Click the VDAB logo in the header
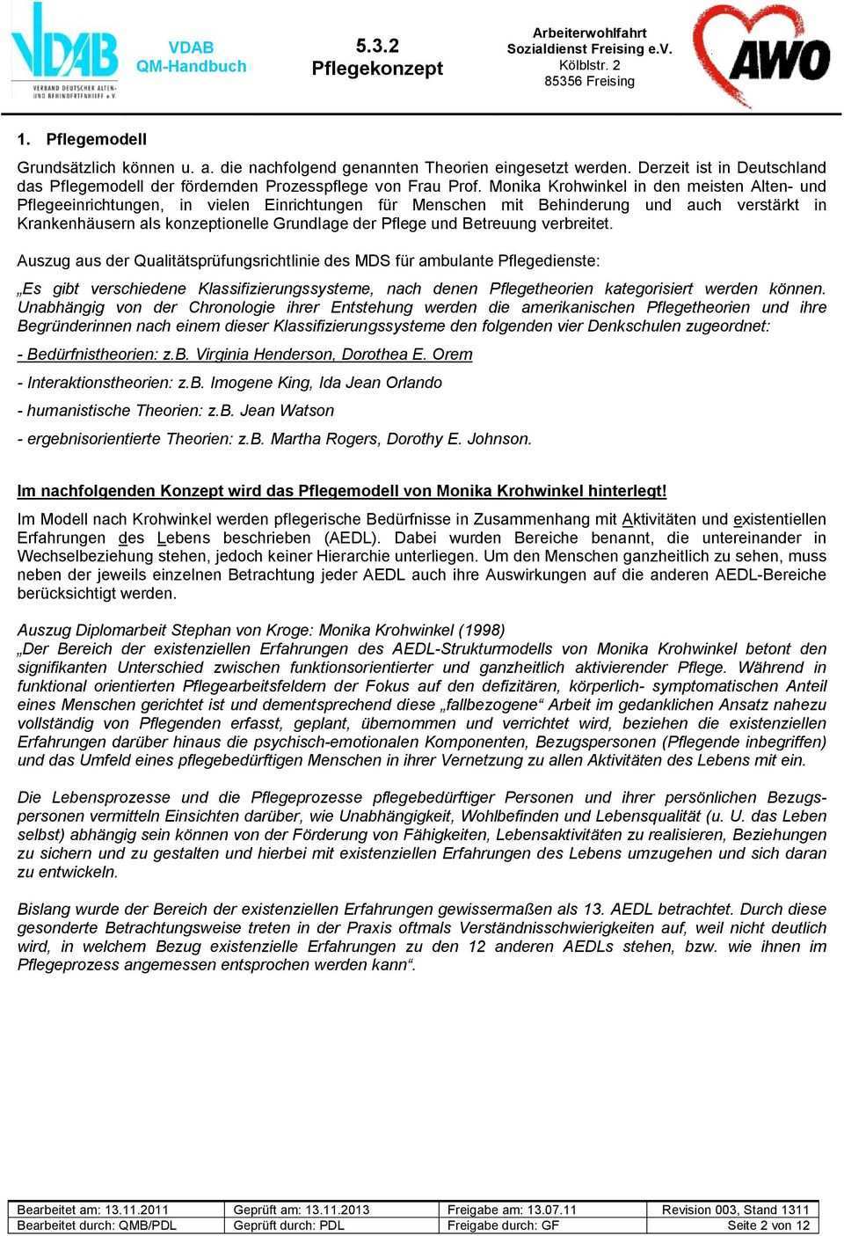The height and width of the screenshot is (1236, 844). [64, 51]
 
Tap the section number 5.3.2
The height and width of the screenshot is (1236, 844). [377, 46]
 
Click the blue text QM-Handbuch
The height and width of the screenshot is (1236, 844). [191, 67]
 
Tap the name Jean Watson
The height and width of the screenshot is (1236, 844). [287, 410]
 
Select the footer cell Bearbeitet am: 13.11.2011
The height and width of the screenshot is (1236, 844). [93, 1210]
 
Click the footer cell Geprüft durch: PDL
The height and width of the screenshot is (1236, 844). [288, 1225]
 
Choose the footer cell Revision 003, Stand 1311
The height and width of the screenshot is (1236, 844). [735, 1210]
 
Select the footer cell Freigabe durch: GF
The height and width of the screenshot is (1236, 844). [503, 1225]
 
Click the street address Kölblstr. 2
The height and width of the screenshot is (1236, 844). [589, 65]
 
